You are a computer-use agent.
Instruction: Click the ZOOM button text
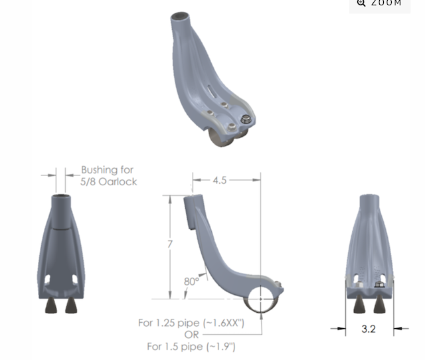tap(386, 3)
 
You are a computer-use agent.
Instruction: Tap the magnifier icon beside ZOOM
tap(361, 3)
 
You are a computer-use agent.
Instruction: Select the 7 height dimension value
tap(170, 244)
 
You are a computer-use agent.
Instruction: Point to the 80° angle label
tap(191, 281)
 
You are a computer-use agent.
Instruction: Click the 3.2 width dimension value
tap(369, 327)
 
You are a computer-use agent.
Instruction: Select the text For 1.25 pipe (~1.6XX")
tap(191, 323)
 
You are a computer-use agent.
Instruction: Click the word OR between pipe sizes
tap(191, 335)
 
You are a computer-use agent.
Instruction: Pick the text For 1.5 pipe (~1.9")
tap(191, 346)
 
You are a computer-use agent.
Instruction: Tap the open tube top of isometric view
tap(179, 17)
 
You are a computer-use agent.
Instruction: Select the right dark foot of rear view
tap(381, 304)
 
